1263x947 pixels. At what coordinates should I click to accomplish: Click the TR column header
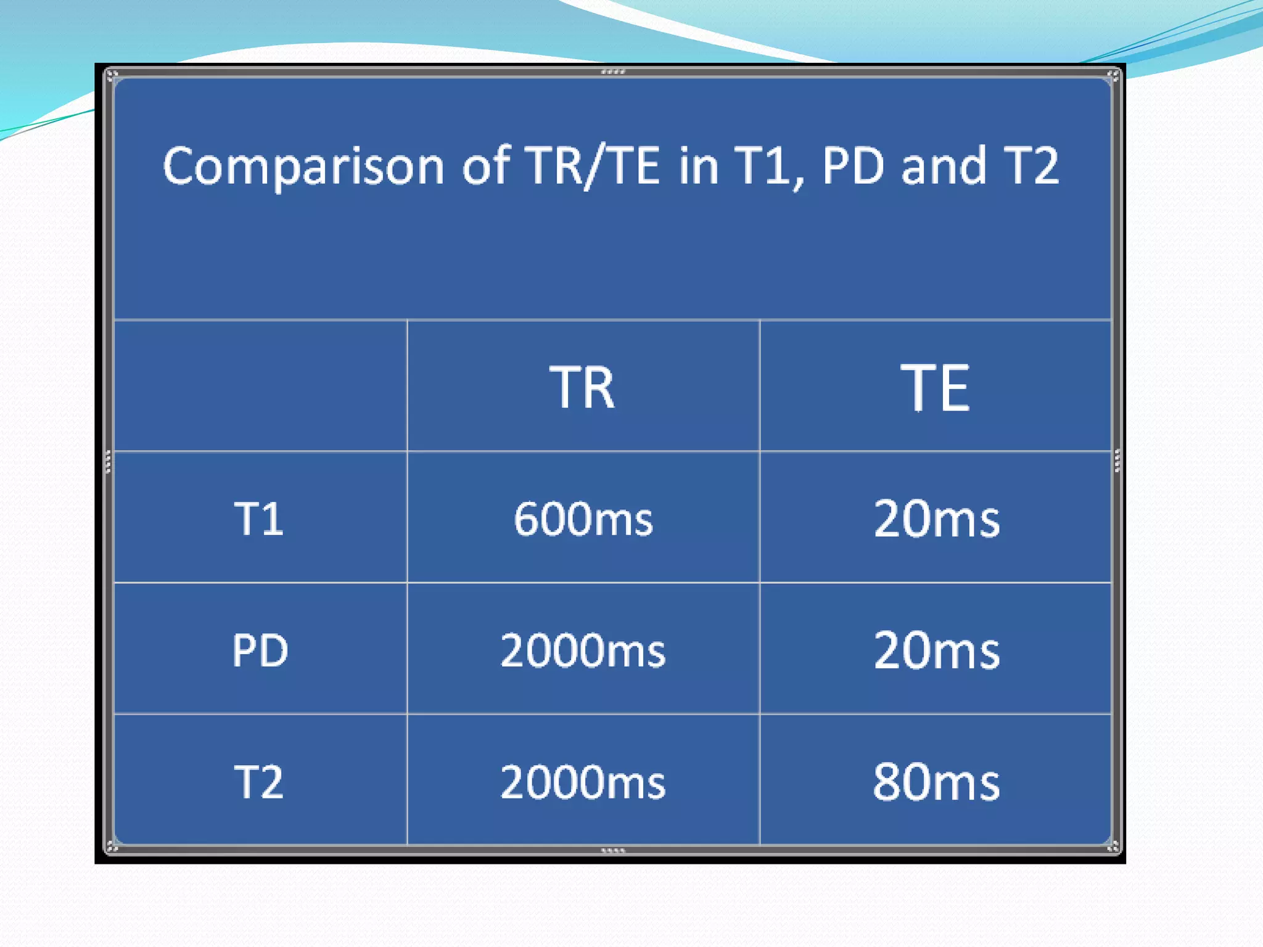[582, 387]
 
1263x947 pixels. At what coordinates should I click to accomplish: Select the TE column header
[935, 387]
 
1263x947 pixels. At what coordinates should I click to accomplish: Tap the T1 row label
[259, 519]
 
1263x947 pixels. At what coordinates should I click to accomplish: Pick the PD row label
[260, 650]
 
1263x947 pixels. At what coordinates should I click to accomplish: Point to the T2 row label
[259, 782]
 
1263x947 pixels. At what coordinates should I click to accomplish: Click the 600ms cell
[583, 519]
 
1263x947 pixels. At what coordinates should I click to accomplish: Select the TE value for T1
[936, 519]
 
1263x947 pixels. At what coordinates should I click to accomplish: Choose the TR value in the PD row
[583, 650]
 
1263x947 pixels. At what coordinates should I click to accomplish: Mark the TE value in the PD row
[936, 650]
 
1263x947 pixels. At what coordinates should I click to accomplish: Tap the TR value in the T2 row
[583, 782]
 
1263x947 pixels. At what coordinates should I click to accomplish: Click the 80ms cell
[936, 782]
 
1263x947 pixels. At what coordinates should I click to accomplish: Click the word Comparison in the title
[303, 166]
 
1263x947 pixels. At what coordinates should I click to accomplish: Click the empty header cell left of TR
[260, 386]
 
